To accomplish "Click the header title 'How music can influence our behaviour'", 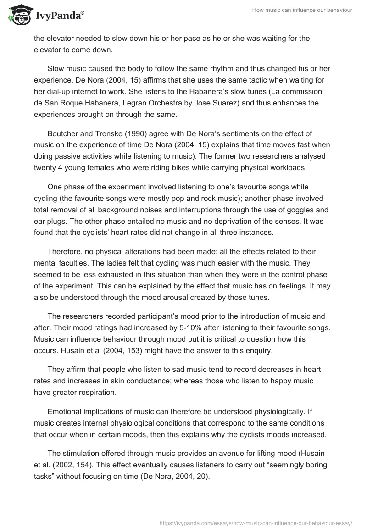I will tap(302, 10).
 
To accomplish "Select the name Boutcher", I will tap(63, 133).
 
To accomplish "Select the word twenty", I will tap(45, 155).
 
